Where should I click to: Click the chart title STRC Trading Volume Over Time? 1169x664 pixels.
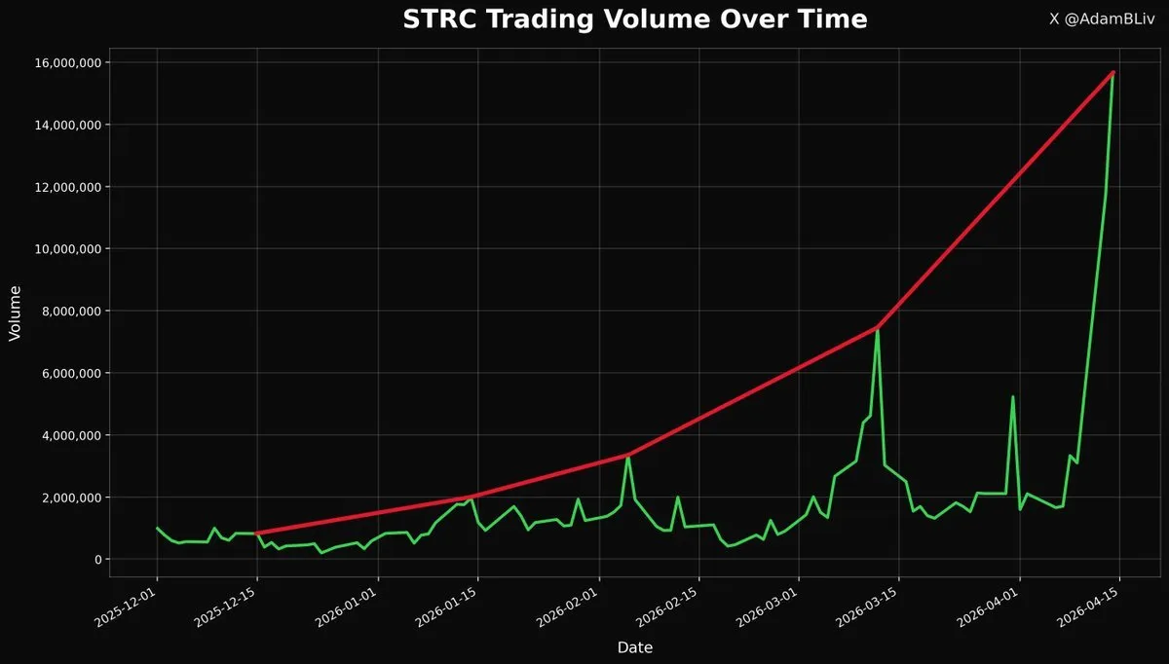coord(634,19)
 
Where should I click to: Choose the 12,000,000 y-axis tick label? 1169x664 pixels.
coord(69,187)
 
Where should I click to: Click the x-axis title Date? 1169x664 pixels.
coord(634,647)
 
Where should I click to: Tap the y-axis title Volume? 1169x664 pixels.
coord(15,312)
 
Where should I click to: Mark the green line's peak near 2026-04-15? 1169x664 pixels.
coord(1112,73)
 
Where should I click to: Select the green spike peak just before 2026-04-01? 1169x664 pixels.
coord(1013,396)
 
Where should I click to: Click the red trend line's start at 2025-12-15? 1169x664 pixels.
coord(256,534)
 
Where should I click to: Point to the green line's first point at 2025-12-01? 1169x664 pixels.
coord(157,528)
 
